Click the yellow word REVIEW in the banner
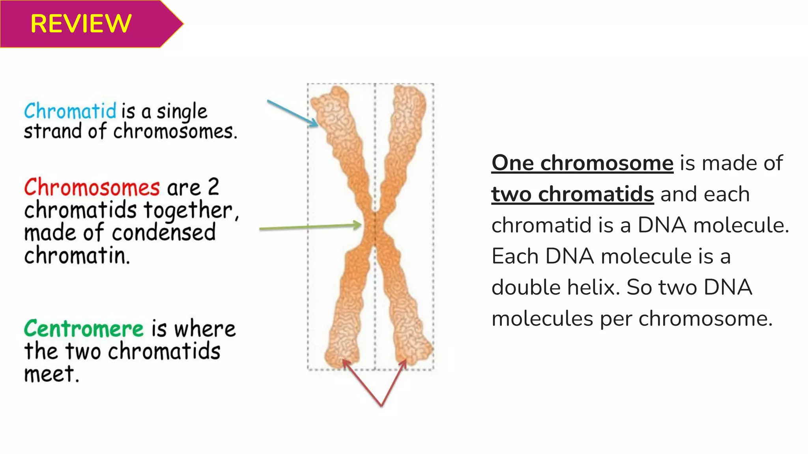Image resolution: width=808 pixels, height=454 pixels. (x=81, y=24)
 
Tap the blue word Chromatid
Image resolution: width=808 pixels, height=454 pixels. (x=70, y=111)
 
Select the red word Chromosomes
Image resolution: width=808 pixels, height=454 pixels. (x=92, y=187)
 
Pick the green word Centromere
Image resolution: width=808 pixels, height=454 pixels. (x=84, y=329)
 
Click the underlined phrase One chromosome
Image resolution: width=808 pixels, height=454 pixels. (x=582, y=163)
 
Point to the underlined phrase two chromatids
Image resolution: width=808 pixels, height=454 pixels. (x=572, y=194)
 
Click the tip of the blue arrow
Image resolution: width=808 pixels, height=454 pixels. (x=317, y=126)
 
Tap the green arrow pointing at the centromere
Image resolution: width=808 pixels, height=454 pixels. (x=310, y=227)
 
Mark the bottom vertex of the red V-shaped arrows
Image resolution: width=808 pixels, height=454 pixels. (x=381, y=406)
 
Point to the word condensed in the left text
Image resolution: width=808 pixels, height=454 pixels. (x=164, y=233)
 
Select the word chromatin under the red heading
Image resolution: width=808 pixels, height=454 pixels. (x=77, y=255)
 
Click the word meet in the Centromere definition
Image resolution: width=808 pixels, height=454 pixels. (x=51, y=374)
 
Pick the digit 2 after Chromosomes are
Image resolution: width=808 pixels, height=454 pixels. (x=213, y=187)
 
